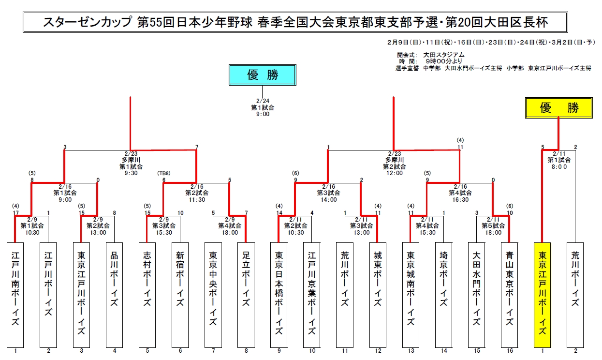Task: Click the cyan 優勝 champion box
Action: coord(262,75)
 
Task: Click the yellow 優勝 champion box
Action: coord(559,107)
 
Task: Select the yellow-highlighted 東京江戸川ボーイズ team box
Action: coord(542,295)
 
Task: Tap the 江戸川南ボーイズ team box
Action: coord(15,295)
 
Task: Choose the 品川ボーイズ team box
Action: coord(114,295)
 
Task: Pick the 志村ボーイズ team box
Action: coord(147,295)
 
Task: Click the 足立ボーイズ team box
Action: coord(246,295)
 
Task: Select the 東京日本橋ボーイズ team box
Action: coord(279,295)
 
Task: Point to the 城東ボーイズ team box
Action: coord(378,295)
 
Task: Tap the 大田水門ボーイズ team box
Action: coord(476,295)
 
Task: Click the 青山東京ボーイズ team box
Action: coord(510,295)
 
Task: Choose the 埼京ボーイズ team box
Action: coord(444,295)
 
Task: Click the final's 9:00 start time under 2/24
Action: coord(263,114)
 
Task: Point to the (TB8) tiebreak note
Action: coord(163,173)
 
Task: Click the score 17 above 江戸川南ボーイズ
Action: coord(15,213)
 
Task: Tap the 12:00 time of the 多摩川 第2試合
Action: coord(395,173)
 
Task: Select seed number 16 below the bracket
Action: coord(510,351)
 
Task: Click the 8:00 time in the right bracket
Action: coord(559,167)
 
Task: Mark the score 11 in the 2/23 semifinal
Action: coord(460,147)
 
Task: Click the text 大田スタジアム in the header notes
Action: coord(444,55)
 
